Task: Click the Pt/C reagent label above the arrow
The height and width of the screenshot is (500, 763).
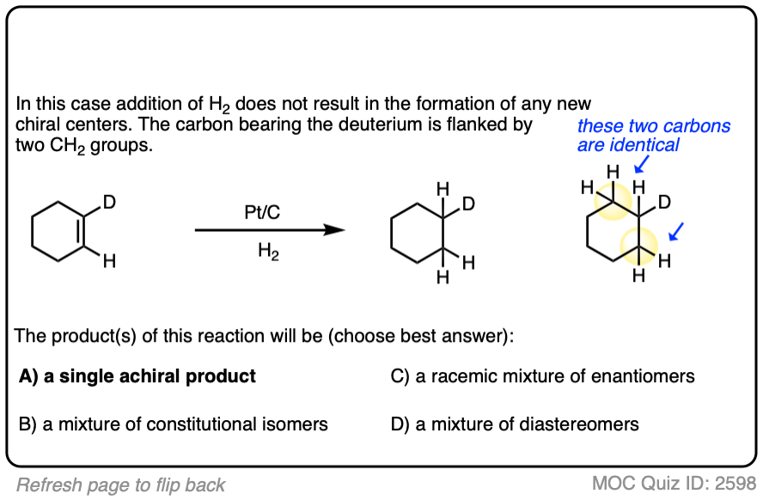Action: pyautogui.click(x=261, y=211)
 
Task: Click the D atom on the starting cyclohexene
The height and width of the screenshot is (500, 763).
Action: pyautogui.click(x=109, y=204)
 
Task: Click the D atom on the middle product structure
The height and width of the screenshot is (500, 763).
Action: pyautogui.click(x=467, y=204)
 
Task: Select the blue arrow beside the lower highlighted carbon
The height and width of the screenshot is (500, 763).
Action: pyautogui.click(x=677, y=231)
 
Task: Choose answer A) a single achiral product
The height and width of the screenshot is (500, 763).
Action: pyautogui.click(x=137, y=376)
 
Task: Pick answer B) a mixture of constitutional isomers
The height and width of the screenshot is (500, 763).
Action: pyautogui.click(x=173, y=424)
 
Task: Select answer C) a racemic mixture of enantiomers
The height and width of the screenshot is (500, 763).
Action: pyautogui.click(x=542, y=376)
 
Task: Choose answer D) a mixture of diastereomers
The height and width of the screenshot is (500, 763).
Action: pyautogui.click(x=514, y=424)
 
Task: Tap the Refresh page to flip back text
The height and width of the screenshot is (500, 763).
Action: pyautogui.click(x=120, y=485)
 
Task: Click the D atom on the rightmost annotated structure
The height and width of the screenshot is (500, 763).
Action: pyautogui.click(x=663, y=204)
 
